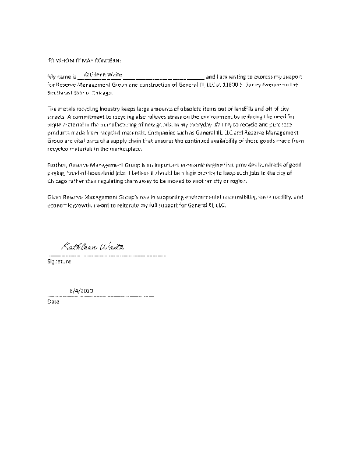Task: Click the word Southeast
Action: point(60,93)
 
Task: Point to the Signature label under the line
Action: point(59,262)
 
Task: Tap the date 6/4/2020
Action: point(81,290)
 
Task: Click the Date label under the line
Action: point(53,302)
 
